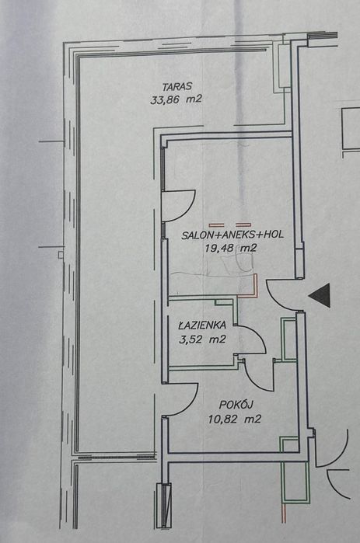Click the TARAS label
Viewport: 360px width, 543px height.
coord(177,86)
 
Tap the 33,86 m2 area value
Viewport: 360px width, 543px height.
coord(176,99)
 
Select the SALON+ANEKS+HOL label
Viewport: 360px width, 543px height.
coord(232,235)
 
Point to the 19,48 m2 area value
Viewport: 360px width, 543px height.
coord(231,248)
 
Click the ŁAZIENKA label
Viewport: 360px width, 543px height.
coord(202,325)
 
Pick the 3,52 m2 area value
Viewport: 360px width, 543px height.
coord(202,339)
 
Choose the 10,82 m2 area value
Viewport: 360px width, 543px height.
coord(234,419)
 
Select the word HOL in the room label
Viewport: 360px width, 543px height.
coord(274,235)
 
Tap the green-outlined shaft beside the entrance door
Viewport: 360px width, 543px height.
coord(288,339)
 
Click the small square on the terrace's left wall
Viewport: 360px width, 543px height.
coord(61,255)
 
